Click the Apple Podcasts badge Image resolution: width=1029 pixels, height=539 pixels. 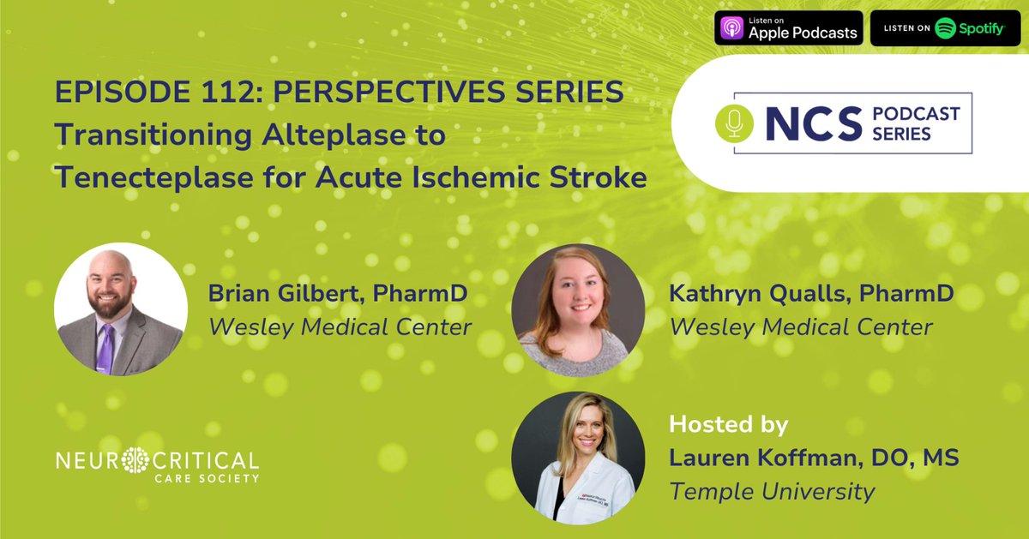(x=788, y=28)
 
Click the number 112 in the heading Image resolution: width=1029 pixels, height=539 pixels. (x=220, y=93)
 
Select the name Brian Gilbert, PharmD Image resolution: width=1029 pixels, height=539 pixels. (x=338, y=294)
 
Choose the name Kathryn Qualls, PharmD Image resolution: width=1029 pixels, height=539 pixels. (x=811, y=294)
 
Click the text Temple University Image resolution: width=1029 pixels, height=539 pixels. (x=772, y=491)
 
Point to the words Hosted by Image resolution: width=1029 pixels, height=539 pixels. (x=728, y=424)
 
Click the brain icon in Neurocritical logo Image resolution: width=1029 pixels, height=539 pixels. (x=135, y=460)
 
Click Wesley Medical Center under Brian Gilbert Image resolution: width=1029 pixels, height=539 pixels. (x=340, y=327)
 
